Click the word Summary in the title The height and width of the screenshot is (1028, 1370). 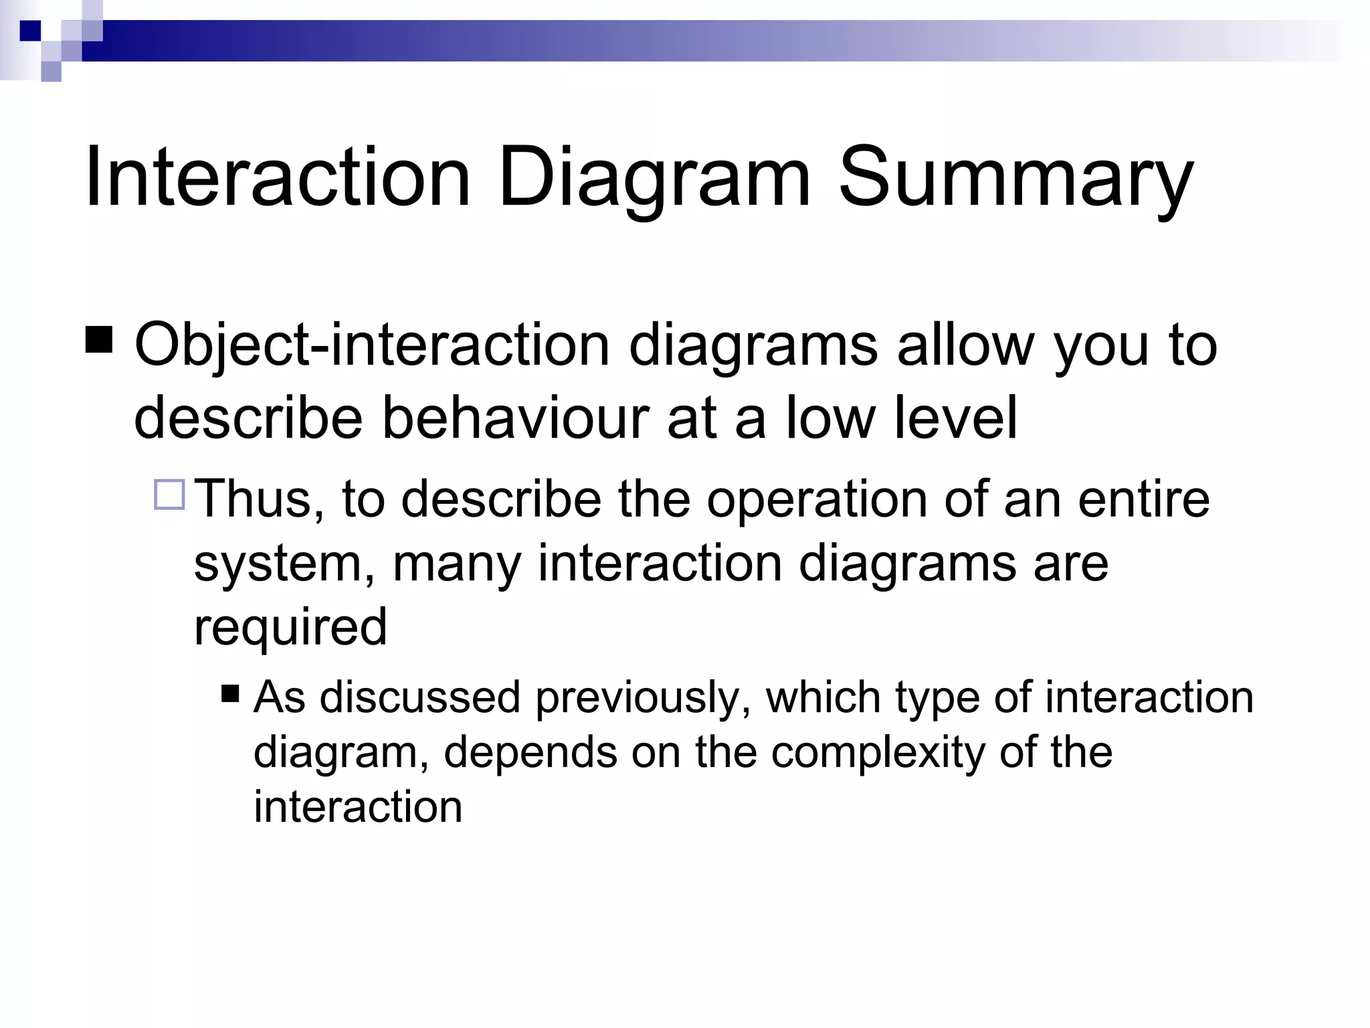pos(1015,179)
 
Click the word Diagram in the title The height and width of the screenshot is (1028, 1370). pos(654,179)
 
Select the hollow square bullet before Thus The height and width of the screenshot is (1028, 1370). pos(169,495)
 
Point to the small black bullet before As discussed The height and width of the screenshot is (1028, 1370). pos(230,693)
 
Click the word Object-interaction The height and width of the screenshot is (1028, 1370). pos(371,345)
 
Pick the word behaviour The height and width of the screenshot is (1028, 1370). pos(515,418)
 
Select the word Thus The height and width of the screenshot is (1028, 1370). pos(259,499)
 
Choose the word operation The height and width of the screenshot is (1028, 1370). pos(817,499)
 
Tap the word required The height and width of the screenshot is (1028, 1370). pos(290,626)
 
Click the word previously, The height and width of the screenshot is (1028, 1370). pos(642,697)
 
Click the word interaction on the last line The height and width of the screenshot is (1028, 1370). pos(358,806)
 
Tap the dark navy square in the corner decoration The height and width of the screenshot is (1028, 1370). pos(30,31)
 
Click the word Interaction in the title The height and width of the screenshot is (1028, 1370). pos(277,179)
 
